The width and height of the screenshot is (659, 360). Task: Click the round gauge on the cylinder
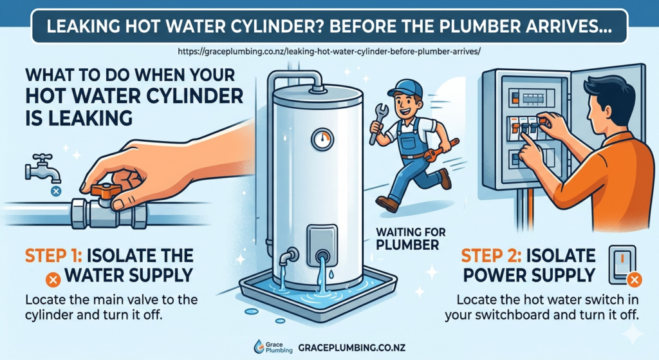(x=321, y=138)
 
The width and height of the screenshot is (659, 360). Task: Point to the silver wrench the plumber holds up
(x=378, y=119)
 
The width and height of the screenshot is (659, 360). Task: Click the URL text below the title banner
(x=329, y=51)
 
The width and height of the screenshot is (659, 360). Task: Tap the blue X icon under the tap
(x=56, y=191)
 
